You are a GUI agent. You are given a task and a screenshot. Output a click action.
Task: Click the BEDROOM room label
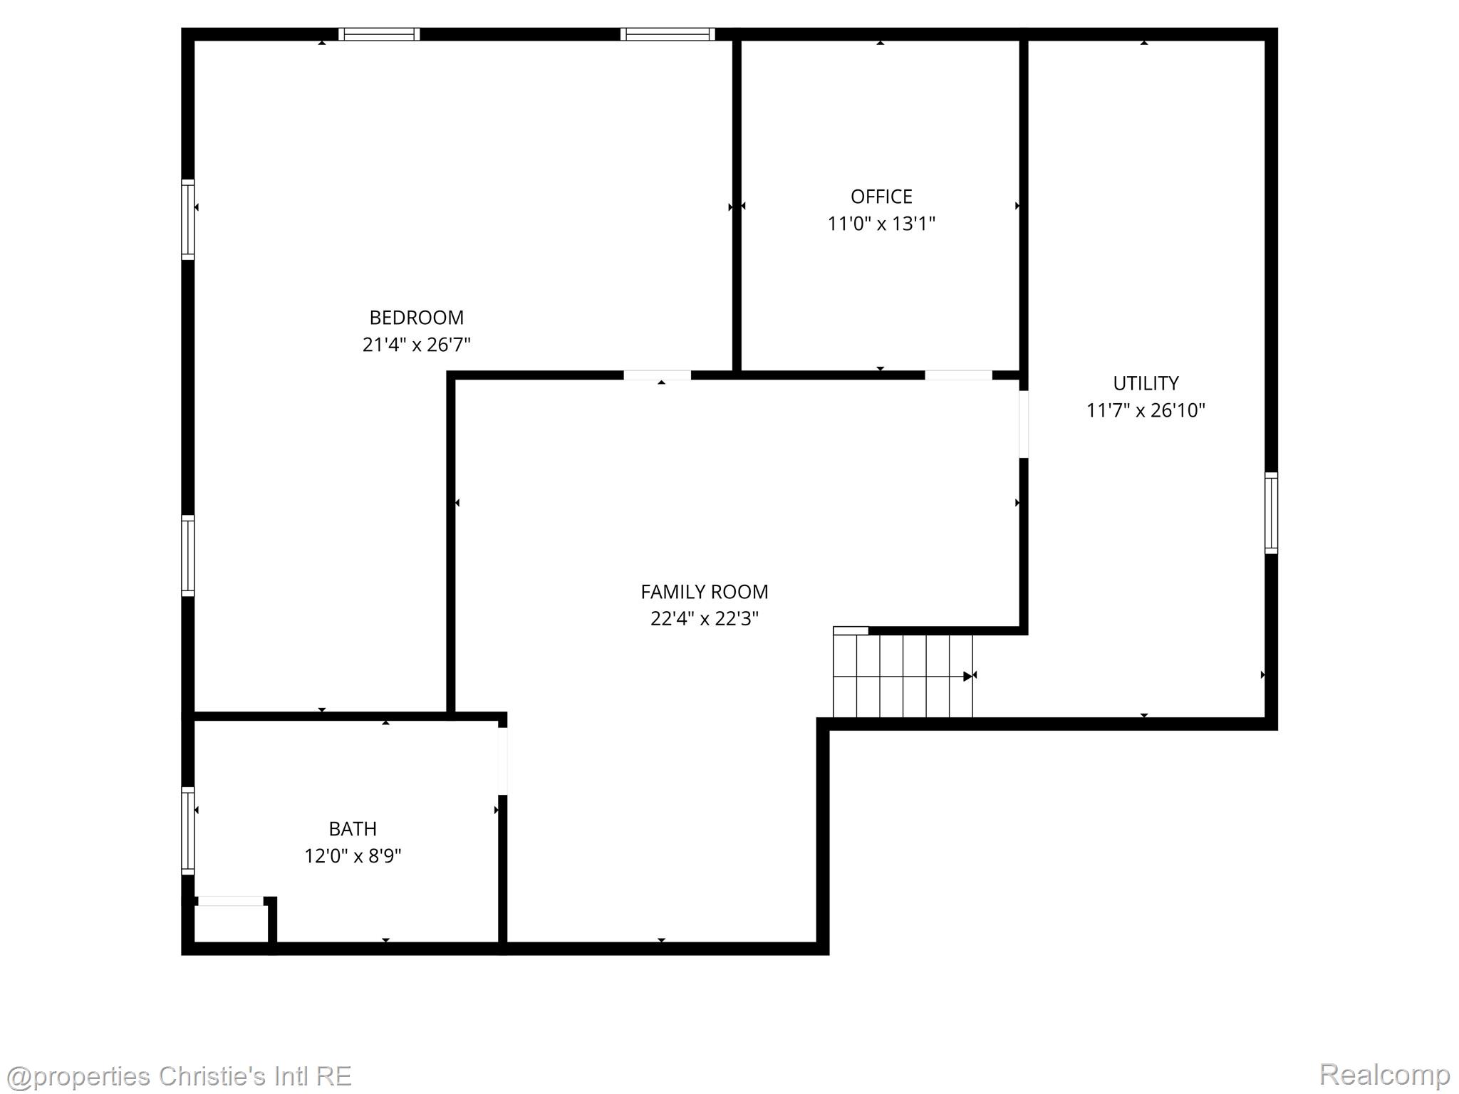tap(416, 318)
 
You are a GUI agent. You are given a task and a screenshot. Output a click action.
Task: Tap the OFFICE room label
tap(881, 197)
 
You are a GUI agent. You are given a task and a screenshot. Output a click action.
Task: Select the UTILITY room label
tap(1146, 383)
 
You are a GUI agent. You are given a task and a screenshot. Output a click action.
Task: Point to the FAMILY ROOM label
tap(704, 592)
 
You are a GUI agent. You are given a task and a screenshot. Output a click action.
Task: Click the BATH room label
tap(353, 829)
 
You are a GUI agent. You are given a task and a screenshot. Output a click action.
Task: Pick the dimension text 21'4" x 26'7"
tap(416, 345)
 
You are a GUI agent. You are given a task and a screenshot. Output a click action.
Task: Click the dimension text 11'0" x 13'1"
tap(881, 224)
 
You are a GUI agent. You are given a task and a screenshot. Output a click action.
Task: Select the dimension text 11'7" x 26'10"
tap(1146, 410)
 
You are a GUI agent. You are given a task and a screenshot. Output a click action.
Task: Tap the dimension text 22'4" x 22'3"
tap(704, 619)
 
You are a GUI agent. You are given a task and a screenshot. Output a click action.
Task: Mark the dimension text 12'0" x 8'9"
tap(353, 856)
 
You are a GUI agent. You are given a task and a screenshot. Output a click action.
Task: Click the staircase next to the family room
tap(903, 676)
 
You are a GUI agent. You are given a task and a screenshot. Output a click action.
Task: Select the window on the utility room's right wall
tap(1271, 513)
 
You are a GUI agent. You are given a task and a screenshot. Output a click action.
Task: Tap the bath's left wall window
tap(188, 830)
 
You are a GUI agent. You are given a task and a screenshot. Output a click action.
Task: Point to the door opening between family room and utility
tap(1024, 424)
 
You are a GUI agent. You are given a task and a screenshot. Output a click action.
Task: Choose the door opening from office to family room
tap(958, 375)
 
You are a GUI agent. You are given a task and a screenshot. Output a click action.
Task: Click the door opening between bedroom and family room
tap(657, 375)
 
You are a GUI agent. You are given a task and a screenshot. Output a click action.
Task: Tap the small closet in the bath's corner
tap(231, 923)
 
